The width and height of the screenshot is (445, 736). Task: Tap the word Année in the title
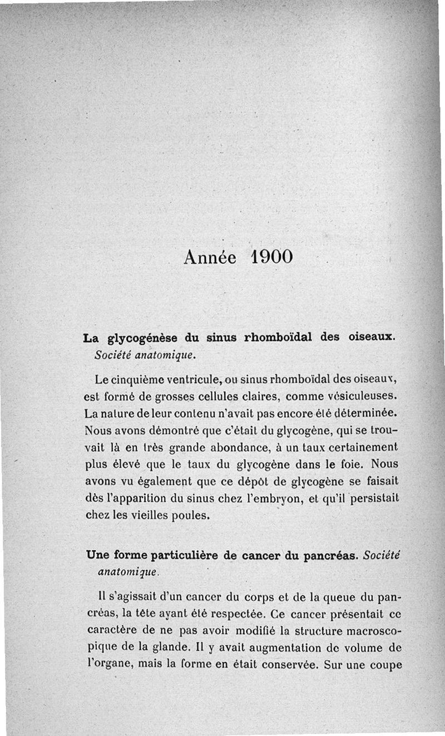[210, 257]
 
